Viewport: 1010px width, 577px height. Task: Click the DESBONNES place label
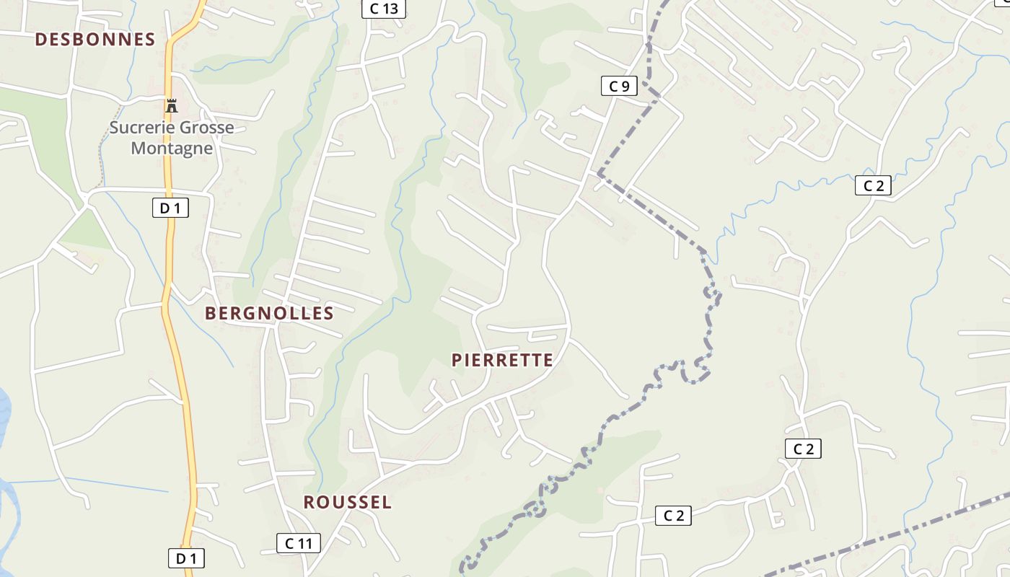tap(95, 40)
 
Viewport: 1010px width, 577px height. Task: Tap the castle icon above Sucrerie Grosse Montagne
tap(171, 106)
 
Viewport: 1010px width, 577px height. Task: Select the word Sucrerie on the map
tap(140, 128)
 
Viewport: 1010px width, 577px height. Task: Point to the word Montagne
tap(172, 149)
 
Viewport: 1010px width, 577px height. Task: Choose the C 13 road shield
tap(384, 9)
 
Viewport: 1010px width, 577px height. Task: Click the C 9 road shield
tap(619, 87)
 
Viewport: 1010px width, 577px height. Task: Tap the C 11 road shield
tap(298, 543)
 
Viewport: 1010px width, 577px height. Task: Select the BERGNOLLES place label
tap(269, 313)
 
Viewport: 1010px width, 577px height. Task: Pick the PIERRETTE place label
tap(502, 360)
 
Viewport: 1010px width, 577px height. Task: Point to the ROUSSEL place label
tap(347, 503)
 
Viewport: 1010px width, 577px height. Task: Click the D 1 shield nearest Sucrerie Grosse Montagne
tap(170, 208)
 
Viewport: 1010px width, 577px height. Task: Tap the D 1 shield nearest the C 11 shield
tap(186, 558)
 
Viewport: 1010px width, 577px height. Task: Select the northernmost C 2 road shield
tap(873, 185)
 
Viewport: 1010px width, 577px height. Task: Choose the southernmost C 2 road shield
tap(673, 515)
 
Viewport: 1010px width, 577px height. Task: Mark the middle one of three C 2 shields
tap(803, 449)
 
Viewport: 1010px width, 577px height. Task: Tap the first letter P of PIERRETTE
tap(457, 360)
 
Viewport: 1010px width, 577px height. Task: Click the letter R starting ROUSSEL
tap(309, 503)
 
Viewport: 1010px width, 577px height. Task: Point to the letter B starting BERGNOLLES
tap(211, 313)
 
